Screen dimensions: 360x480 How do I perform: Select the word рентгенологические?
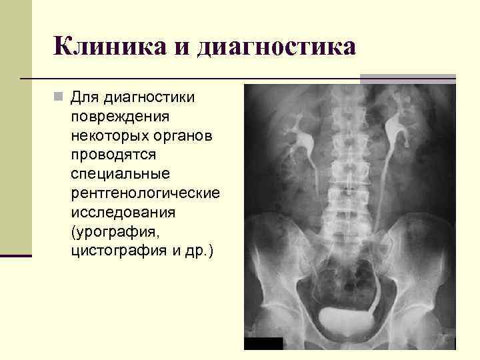point(145,193)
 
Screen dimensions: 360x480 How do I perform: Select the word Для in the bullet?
point(84,98)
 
